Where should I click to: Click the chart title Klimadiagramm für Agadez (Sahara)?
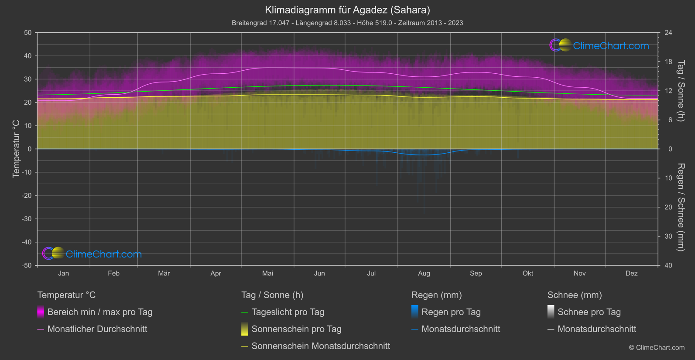tap(347, 10)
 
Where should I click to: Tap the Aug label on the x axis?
tap(424, 273)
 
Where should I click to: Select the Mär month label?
tap(164, 273)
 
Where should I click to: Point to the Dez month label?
tap(631, 273)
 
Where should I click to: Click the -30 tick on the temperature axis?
tap(27, 219)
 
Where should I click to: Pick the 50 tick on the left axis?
tap(28, 33)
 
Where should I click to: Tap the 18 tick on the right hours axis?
tap(668, 62)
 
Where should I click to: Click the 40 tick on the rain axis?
tap(668, 265)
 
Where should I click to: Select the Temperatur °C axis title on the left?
tap(16, 149)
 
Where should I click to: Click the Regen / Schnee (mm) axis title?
tap(681, 207)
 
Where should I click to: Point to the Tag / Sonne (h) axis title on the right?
tap(681, 91)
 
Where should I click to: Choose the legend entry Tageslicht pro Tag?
tap(288, 312)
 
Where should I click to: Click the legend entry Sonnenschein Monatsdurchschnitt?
tap(321, 346)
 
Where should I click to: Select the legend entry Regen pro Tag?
tap(451, 312)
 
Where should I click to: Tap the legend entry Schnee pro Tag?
tap(589, 312)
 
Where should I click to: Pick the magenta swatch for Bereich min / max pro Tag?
tap(41, 312)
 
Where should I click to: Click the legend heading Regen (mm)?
tap(436, 295)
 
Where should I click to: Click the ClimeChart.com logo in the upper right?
tap(599, 45)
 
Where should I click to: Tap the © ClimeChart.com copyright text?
tap(657, 347)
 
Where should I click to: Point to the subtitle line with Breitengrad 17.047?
tap(347, 23)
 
